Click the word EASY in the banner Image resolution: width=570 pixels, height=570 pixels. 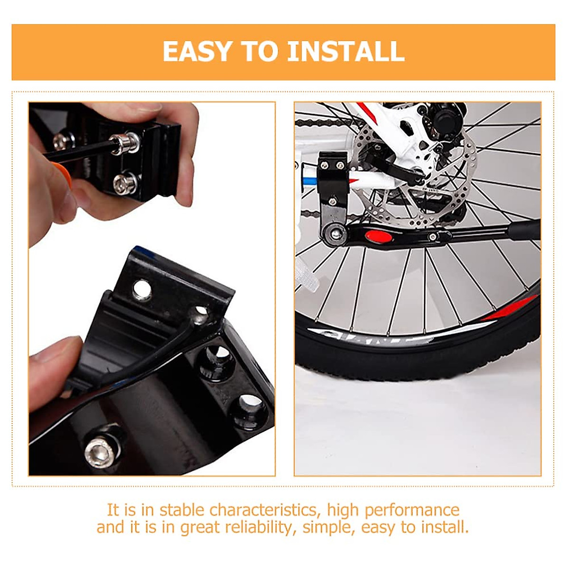point(197,51)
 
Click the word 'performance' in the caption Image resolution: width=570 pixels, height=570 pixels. point(412,510)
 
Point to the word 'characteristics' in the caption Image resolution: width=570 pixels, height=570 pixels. point(263,510)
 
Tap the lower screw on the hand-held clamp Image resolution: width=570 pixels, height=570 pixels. point(125,183)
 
